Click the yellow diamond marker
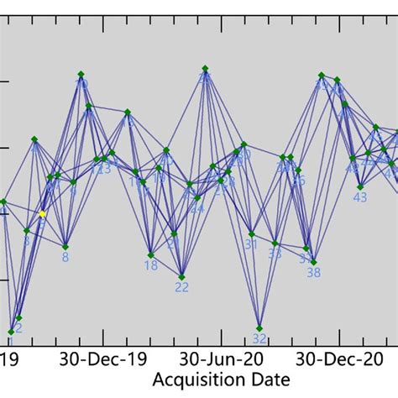click(42, 214)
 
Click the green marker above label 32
click(259, 327)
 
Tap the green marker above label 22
click(181, 276)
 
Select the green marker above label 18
click(151, 254)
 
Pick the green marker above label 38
click(313, 262)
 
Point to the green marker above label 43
click(360, 187)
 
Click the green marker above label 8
click(65, 247)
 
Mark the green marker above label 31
click(251, 234)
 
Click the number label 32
click(259, 339)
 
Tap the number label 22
click(181, 287)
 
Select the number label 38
click(313, 273)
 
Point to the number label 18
click(151, 265)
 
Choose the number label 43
click(360, 198)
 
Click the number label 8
click(65, 258)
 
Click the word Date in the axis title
click(271, 380)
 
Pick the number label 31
click(251, 245)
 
